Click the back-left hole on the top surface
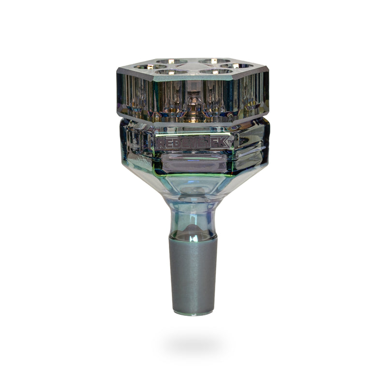pos(172,62)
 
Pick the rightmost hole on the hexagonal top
pos(237,66)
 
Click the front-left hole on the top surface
pos(171,72)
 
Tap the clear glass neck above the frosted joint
pos(193,215)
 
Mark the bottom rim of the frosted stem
pos(193,313)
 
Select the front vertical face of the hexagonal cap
pos(193,99)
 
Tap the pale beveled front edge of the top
pos(193,78)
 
